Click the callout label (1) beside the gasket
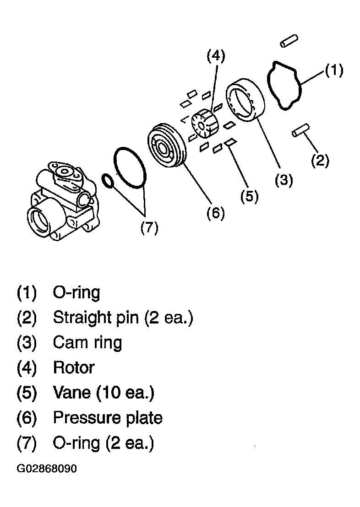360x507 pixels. (334, 70)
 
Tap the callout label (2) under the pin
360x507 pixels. (320, 161)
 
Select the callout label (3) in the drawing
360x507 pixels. (284, 180)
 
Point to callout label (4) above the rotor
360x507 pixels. (216, 56)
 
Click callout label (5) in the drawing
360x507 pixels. (249, 196)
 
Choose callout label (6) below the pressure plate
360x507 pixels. (216, 213)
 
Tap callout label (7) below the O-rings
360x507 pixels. (149, 227)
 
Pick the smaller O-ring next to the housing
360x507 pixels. (108, 181)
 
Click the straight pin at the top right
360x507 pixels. (289, 41)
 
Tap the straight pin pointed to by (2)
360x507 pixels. (301, 130)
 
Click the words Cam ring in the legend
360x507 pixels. (87, 343)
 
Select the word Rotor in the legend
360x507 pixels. (74, 367)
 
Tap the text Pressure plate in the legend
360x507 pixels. (108, 418)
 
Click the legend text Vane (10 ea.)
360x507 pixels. (104, 393)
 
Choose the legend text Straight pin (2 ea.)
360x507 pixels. (123, 318)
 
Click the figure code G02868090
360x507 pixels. (47, 469)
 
